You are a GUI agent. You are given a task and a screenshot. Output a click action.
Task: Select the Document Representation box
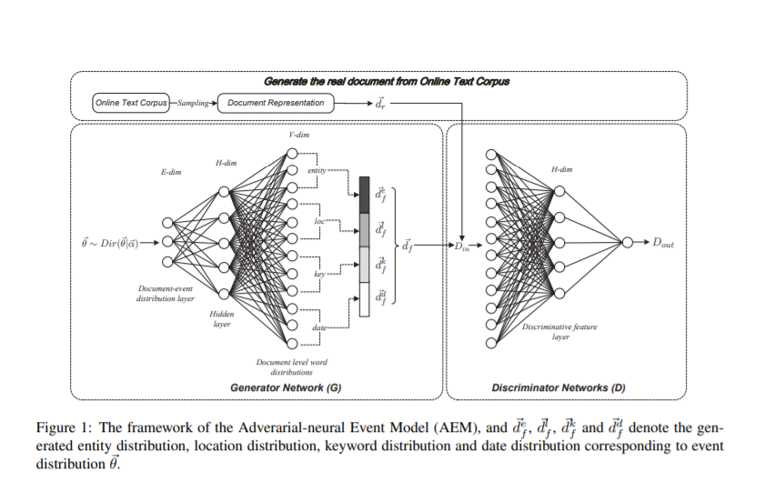[x=277, y=103]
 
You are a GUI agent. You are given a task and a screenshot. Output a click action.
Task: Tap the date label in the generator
[x=319, y=326]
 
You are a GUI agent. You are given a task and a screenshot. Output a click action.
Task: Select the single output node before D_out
[x=629, y=243]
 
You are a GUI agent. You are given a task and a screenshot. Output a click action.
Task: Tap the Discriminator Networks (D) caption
[x=559, y=388]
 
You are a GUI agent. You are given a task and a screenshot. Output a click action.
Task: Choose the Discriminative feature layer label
[x=559, y=332]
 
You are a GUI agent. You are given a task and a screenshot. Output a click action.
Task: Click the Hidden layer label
[x=223, y=318]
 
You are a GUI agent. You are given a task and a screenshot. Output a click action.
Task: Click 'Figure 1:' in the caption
[x=60, y=427]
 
